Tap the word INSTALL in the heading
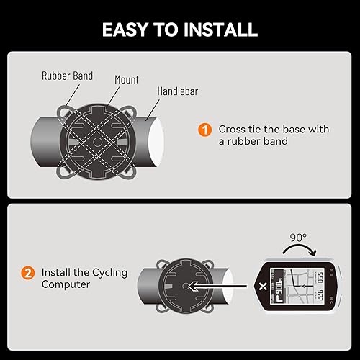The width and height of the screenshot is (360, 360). click(x=219, y=30)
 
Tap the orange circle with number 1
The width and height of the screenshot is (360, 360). click(x=205, y=130)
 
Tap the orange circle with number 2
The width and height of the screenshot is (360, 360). click(x=28, y=274)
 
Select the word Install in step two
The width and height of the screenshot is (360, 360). click(x=55, y=274)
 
